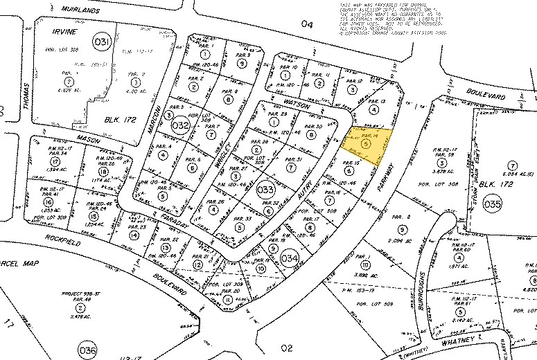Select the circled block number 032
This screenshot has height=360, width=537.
click(x=180, y=126)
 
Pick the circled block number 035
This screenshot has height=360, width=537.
click(x=492, y=204)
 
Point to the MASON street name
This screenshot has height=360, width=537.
click(x=88, y=138)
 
